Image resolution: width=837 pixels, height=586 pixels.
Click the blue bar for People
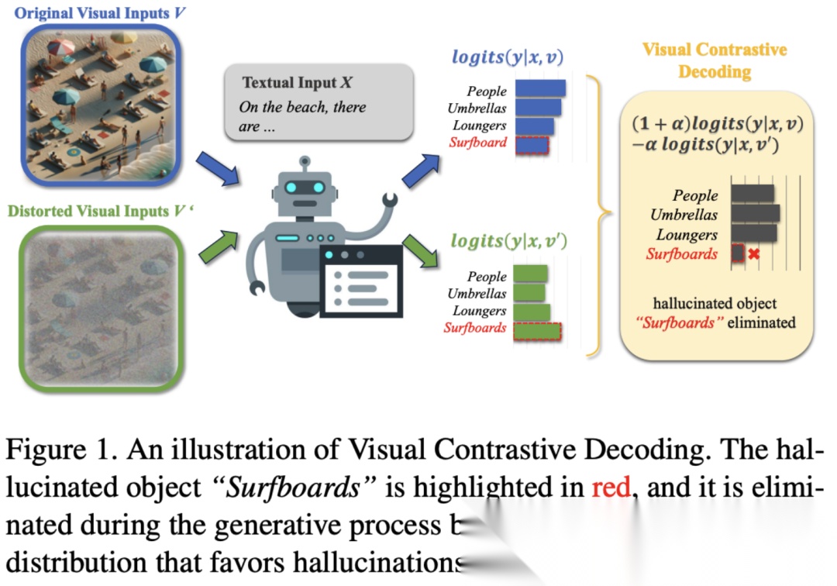coord(539,88)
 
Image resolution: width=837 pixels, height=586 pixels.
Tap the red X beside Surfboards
coord(753,253)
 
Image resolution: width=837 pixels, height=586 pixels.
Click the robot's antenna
coord(305,164)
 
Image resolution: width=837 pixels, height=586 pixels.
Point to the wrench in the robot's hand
coord(387,203)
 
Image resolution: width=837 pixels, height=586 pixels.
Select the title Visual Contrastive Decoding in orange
coord(715,60)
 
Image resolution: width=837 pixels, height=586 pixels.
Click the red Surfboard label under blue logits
coord(477,143)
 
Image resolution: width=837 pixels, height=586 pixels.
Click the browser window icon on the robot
coord(362,280)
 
